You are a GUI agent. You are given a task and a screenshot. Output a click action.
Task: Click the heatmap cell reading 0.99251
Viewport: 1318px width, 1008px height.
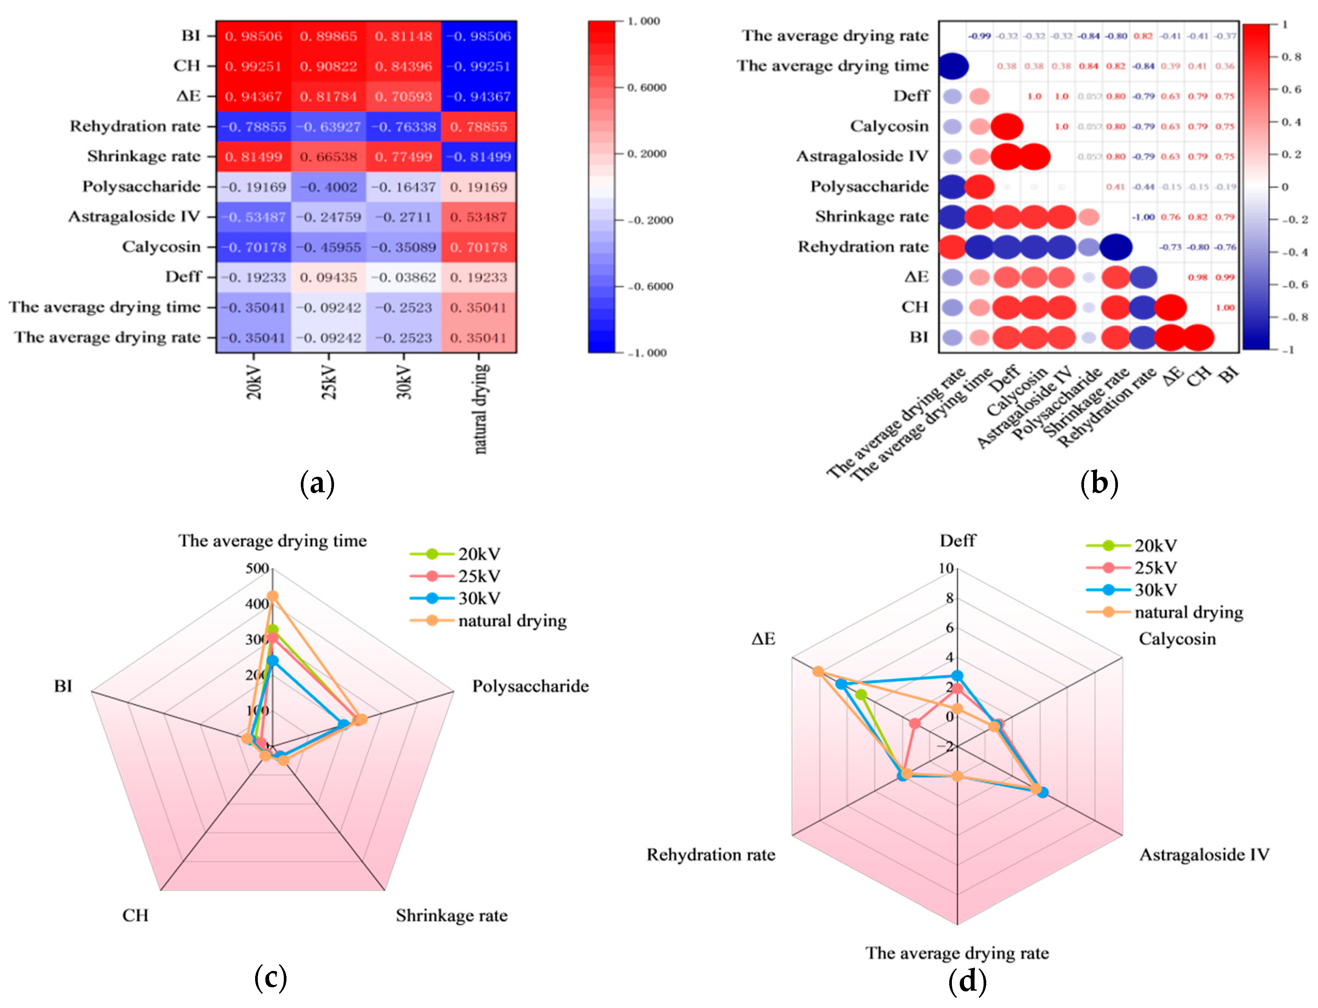253,66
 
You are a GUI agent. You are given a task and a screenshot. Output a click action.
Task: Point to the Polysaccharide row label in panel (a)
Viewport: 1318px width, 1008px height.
142,186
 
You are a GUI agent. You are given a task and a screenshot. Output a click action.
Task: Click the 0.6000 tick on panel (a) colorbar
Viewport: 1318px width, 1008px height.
647,88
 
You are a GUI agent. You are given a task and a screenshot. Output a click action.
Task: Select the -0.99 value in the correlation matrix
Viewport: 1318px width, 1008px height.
979,36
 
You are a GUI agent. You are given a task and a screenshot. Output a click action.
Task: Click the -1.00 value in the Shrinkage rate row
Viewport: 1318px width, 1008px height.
1143,217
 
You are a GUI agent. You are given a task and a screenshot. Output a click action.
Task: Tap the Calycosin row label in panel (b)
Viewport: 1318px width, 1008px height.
889,126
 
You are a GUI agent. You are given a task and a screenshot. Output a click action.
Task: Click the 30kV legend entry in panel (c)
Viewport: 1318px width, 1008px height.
479,598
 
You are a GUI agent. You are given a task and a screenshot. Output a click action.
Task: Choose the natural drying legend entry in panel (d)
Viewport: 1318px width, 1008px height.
1188,612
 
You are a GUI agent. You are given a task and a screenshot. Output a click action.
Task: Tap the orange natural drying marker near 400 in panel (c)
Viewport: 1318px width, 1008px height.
273,596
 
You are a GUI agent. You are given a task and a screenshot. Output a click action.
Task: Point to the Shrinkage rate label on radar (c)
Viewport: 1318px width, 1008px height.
451,916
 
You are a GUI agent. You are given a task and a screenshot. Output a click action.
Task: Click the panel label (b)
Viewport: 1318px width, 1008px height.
1098,483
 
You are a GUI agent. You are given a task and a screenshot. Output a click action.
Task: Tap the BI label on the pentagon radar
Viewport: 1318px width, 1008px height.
63,686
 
